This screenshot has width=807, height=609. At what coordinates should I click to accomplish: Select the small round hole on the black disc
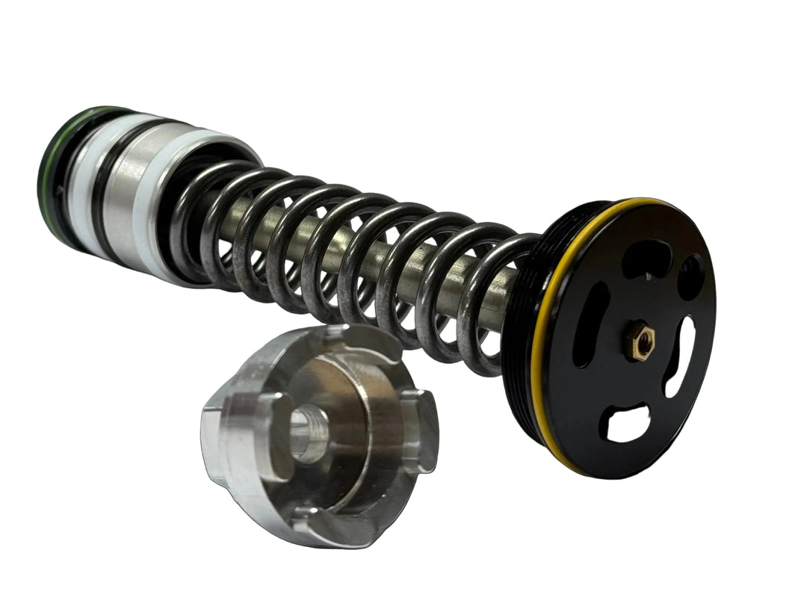pos(689,276)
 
